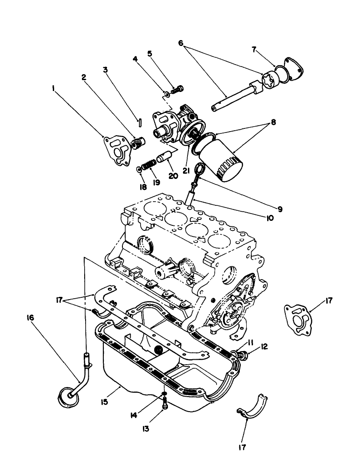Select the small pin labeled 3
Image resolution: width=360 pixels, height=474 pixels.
142,122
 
